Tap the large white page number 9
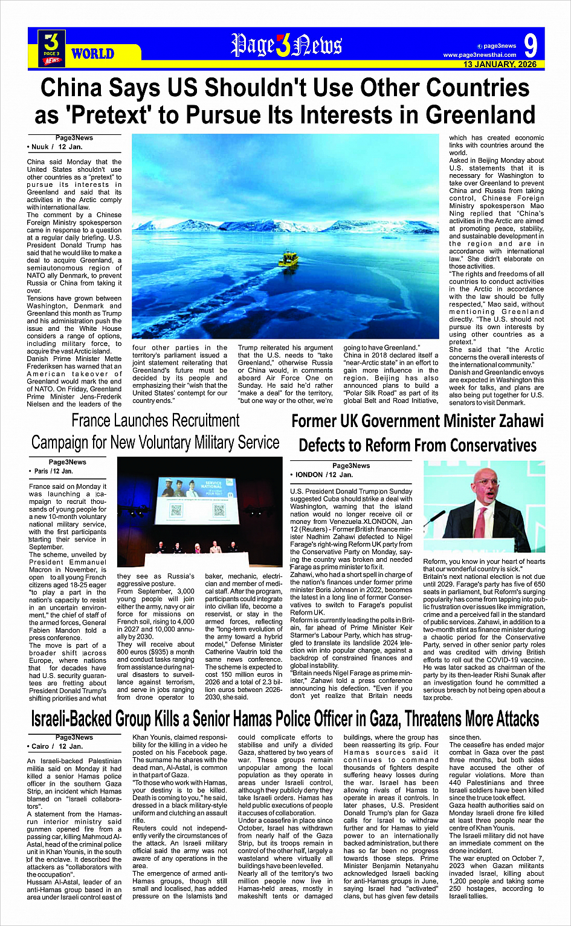(x=530, y=46)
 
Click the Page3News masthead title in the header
(x=286, y=46)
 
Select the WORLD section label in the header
(x=92, y=54)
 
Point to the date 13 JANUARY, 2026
(x=500, y=64)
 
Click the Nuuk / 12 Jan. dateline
(x=54, y=147)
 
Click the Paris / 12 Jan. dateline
(x=52, y=471)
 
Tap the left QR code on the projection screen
(x=176, y=510)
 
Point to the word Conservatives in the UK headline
(x=477, y=446)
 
